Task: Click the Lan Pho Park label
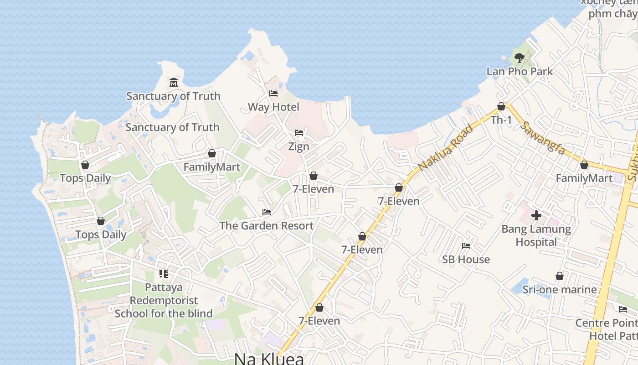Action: pos(520,72)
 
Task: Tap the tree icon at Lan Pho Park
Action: pos(519,57)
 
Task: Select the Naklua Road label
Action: pos(445,146)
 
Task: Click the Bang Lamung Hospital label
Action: pos(536,235)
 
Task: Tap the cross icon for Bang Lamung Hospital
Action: pos(536,215)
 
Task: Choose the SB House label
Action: pos(466,260)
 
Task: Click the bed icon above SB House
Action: pos(466,245)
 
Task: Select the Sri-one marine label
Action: pos(559,290)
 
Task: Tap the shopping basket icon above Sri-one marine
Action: pos(560,276)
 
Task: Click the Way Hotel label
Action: pos(273,107)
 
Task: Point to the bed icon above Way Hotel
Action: pos(273,94)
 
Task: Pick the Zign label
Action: pos(298,146)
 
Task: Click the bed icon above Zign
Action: pos(299,133)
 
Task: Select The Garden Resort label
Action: pos(266,226)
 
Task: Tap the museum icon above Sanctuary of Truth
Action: pos(173,83)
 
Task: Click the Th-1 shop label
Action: pos(501,120)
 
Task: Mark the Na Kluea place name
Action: pos(269,359)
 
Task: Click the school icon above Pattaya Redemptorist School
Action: pos(163,274)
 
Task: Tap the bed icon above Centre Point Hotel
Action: pos(623,309)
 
